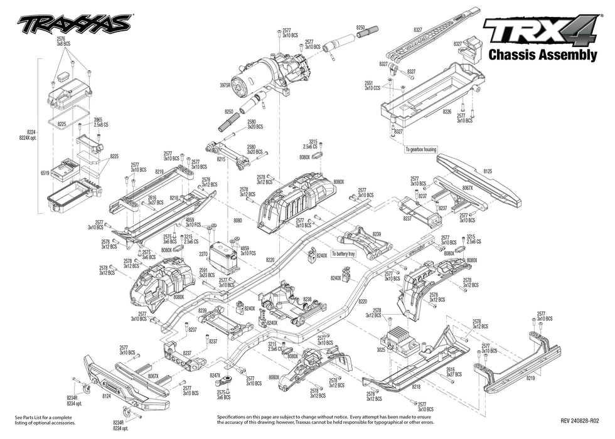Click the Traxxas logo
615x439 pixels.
[74, 24]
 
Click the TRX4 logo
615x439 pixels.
[539, 31]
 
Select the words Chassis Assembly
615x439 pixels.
[542, 55]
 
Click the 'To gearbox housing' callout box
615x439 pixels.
[420, 149]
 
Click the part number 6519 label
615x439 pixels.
[44, 172]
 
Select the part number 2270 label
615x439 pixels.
[203, 255]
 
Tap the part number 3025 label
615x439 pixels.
[381, 348]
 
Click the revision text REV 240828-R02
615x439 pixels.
[580, 421]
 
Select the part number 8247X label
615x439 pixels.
[216, 376]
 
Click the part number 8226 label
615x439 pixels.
[447, 111]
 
